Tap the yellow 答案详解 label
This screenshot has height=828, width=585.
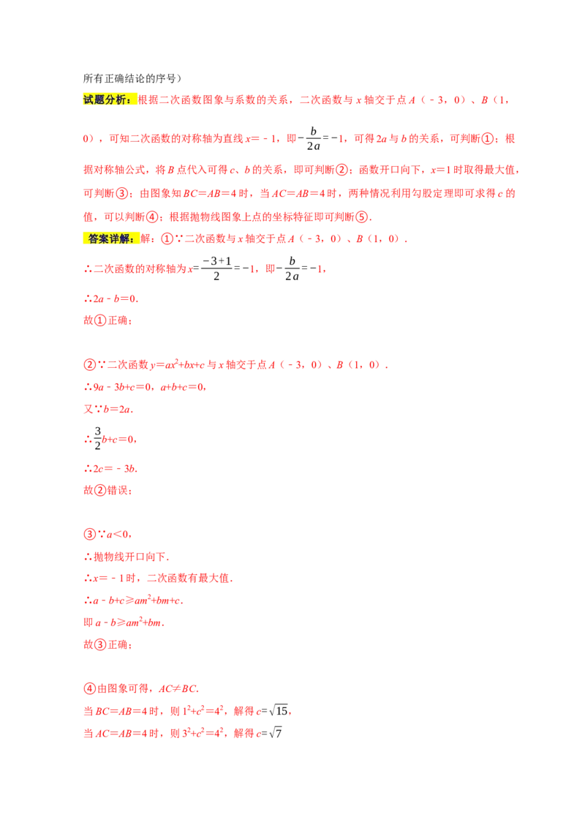[x=110, y=238]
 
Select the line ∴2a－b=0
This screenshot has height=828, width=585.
[x=110, y=298]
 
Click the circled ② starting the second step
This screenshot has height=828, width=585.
[x=88, y=365]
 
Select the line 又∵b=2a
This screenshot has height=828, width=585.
[x=108, y=410]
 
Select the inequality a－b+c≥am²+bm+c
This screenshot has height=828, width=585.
[x=135, y=601]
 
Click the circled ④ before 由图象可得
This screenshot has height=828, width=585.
[x=88, y=688]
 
